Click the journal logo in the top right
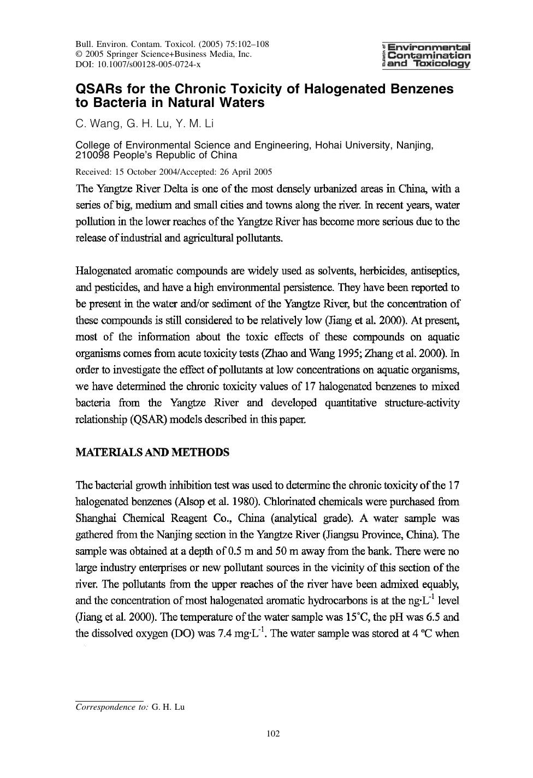pos(427,55)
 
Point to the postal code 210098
pos(90,155)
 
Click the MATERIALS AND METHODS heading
pos(152,453)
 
